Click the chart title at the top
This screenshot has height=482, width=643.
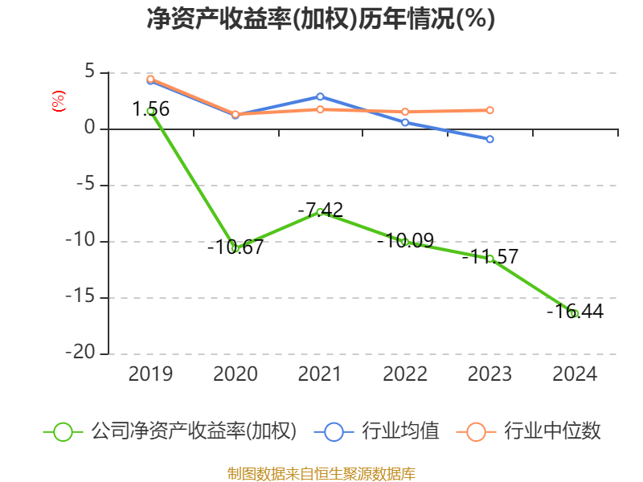321,18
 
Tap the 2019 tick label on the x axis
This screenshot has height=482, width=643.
150,374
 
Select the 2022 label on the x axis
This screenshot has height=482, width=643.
405,374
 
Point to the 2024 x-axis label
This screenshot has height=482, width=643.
575,374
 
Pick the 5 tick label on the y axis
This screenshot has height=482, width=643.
90,72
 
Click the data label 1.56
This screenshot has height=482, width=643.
151,109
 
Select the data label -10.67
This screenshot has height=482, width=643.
235,247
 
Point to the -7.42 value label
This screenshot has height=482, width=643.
320,210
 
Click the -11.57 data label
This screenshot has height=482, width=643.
490,257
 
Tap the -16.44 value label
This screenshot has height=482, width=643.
575,312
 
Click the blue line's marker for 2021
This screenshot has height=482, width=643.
320,96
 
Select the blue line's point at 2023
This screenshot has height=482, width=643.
490,139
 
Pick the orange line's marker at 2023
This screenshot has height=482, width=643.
490,110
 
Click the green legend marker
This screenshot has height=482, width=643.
63,431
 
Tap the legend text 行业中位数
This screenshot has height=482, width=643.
552,431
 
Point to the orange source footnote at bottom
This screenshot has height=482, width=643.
321,474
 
